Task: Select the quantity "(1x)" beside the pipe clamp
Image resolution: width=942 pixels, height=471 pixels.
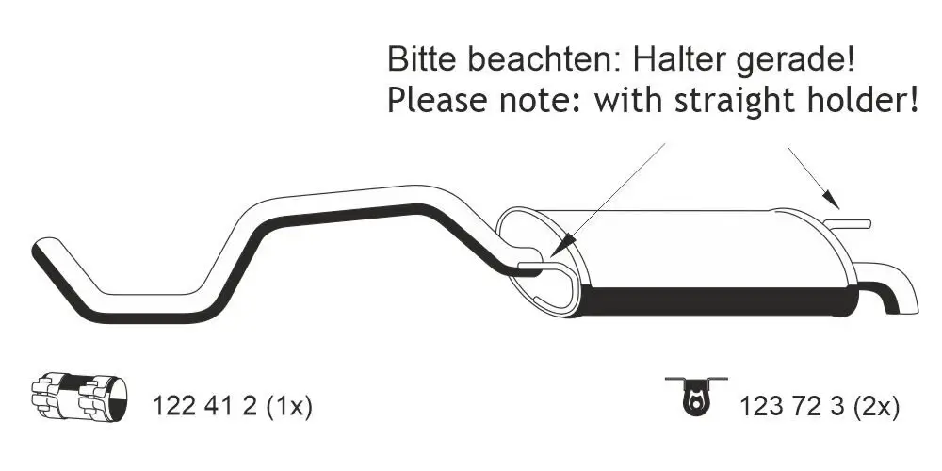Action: click(288, 407)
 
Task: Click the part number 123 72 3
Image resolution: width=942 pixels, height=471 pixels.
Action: click(792, 407)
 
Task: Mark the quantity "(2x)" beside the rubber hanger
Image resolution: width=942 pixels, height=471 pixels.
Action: click(875, 407)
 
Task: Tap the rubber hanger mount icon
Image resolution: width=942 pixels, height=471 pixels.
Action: click(695, 394)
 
